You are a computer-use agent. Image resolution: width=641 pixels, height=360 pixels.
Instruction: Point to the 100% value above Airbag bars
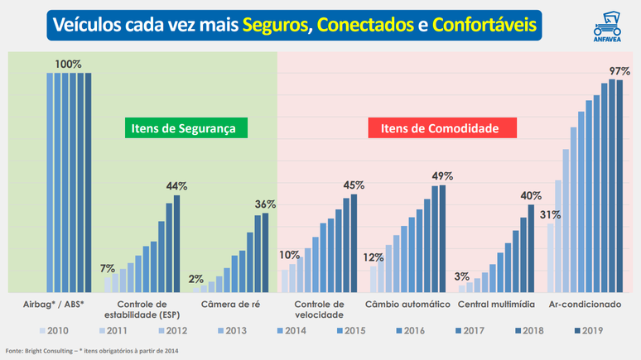[x=68, y=63]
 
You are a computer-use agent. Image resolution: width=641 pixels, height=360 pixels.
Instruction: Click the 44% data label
[x=176, y=185]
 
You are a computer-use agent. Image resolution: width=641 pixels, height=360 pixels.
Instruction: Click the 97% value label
[x=619, y=72]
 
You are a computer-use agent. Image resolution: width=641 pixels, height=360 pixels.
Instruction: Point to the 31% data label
[x=550, y=214]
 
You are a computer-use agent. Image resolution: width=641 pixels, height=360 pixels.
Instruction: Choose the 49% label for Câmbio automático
[x=442, y=175]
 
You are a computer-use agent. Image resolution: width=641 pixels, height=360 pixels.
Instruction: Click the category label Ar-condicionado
[x=585, y=305]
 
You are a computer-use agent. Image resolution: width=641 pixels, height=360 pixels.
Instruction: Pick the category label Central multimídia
[x=495, y=305]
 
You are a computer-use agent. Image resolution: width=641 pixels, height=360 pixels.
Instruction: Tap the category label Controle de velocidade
[x=320, y=310]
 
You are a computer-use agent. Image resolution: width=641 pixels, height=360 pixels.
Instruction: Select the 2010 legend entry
[x=54, y=330]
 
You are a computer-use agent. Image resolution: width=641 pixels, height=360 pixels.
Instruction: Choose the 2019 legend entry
[x=588, y=330]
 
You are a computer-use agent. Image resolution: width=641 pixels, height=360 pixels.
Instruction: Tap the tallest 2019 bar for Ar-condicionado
[x=618, y=186]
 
